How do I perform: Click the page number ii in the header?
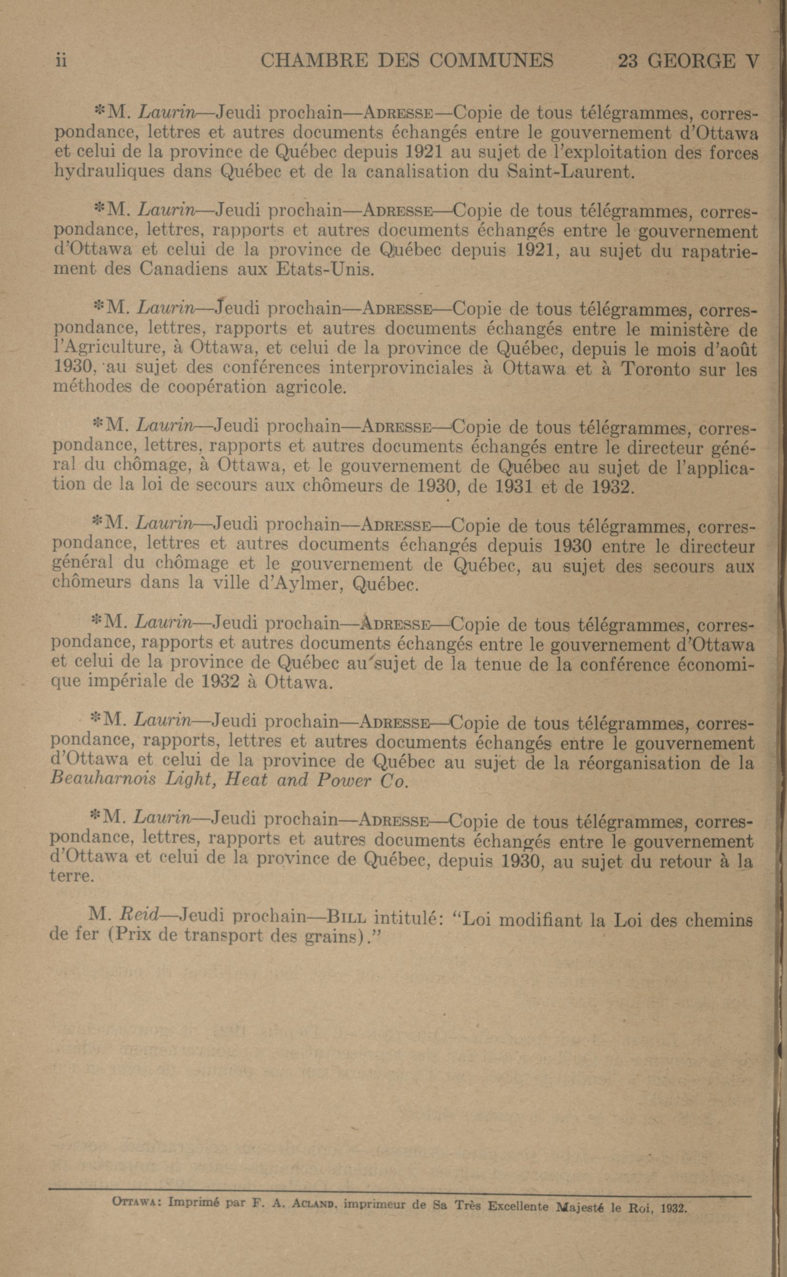[x=61, y=61]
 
